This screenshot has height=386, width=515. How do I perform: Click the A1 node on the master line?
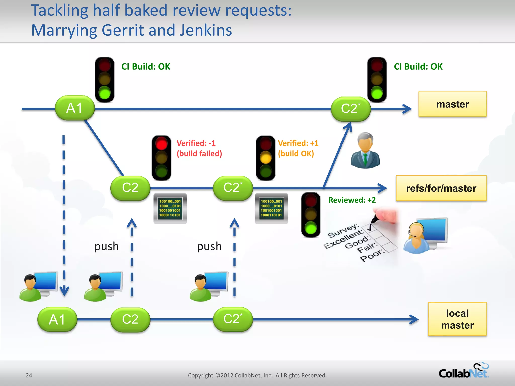(75, 108)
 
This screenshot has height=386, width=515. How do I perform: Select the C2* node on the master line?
(351, 109)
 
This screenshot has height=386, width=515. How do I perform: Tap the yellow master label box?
(452, 104)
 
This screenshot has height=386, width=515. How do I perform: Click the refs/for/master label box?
(441, 188)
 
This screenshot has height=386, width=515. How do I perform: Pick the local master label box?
(457, 319)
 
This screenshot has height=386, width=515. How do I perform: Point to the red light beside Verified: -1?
(161, 144)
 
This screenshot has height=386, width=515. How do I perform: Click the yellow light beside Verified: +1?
(266, 158)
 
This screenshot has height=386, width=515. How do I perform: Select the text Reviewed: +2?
(352, 200)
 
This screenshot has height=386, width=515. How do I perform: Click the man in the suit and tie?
(365, 151)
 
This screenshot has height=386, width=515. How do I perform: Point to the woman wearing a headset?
(416, 237)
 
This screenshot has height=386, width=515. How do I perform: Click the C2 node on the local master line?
(130, 319)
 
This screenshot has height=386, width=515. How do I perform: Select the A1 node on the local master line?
(57, 319)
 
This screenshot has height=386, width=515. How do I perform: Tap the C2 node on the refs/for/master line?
(130, 188)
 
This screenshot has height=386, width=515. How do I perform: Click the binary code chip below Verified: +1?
(271, 208)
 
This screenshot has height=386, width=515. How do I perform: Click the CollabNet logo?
(463, 371)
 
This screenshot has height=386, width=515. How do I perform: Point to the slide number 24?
(29, 375)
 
